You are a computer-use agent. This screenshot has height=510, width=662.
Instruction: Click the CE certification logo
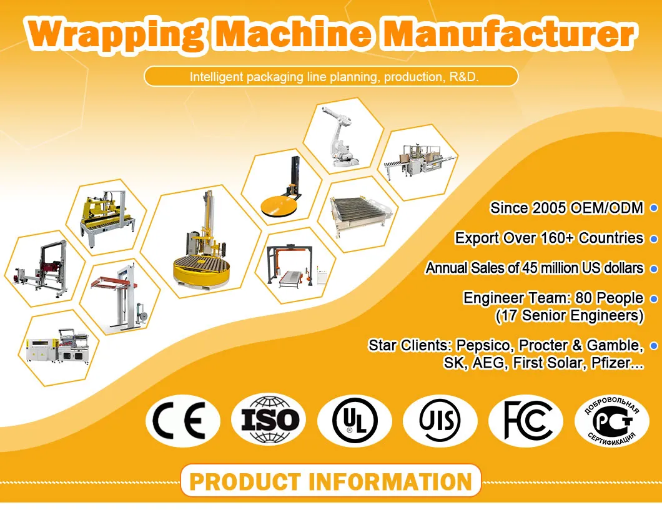click(x=183, y=421)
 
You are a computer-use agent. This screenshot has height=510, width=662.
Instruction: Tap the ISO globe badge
click(x=269, y=420)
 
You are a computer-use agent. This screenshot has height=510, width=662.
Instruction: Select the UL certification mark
click(x=355, y=421)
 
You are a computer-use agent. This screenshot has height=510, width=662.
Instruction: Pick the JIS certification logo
click(x=440, y=421)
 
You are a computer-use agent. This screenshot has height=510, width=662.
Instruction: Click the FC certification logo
click(x=526, y=421)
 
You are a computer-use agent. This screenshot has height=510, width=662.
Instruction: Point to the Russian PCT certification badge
click(x=612, y=421)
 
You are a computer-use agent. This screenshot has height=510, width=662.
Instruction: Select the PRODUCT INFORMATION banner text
click(x=330, y=481)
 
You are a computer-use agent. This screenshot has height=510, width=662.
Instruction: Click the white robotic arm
click(x=340, y=136)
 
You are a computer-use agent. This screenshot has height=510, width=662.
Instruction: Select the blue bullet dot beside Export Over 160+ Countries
click(x=654, y=238)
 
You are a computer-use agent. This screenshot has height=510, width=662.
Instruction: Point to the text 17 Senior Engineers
click(x=570, y=315)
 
